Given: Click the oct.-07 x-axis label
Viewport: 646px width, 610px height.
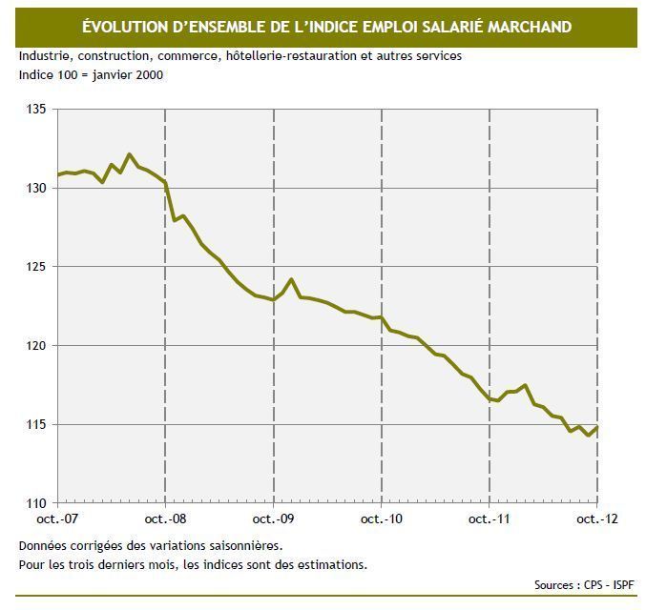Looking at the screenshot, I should tap(58, 519).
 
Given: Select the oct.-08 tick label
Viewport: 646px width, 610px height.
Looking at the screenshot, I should tap(166, 519).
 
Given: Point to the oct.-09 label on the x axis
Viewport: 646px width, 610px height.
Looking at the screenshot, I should tap(274, 519).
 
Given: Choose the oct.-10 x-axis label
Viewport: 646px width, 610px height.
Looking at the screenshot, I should tap(382, 519).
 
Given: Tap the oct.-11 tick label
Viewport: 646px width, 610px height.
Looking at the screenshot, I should tap(490, 519).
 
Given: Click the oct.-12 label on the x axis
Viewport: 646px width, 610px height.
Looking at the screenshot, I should tap(597, 519).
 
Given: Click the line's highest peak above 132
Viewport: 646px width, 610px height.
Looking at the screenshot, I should tap(130, 153).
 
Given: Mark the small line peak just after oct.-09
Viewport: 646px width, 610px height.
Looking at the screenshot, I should tap(291, 279).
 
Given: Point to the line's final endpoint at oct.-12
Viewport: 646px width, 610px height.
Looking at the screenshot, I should tap(597, 428).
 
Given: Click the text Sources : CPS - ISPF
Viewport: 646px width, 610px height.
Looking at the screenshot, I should tap(585, 584).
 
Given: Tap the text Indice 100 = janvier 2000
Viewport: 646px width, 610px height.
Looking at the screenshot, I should tap(91, 74).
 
